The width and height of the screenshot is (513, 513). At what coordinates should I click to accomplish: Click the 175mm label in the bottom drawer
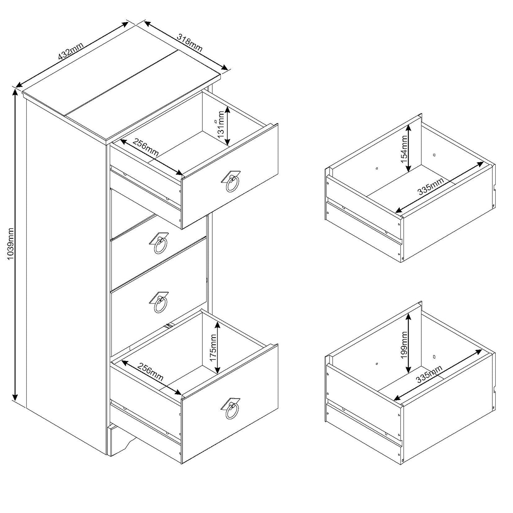point(213,348)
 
